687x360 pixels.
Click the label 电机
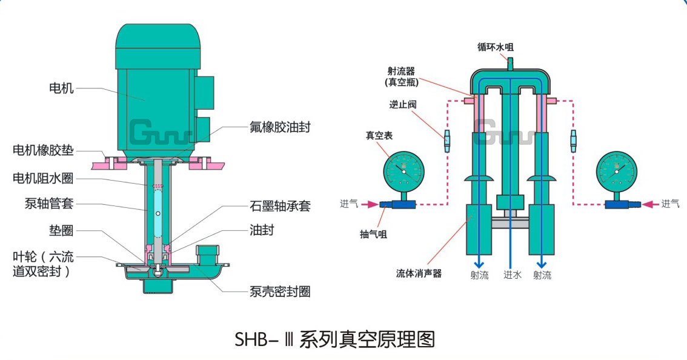coord(61,88)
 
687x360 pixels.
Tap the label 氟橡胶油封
coord(280,127)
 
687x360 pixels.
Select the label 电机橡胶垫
coord(43,150)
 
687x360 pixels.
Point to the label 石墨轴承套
coord(280,206)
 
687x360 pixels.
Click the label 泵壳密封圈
coord(280,292)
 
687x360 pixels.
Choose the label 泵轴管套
coord(49,204)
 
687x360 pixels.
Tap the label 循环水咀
coord(496,47)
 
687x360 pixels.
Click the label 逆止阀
coord(403,104)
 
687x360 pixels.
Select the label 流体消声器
coord(419,273)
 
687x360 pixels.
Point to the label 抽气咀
coord(373,234)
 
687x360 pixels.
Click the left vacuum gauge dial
coord(404,172)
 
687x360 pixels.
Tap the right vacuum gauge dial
coord(617,172)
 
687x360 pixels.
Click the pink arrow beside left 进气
coord(372,204)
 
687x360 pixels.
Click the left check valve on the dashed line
coord(447,141)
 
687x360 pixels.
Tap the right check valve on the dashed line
coord(573,141)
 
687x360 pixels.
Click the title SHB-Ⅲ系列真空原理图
coord(335,339)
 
